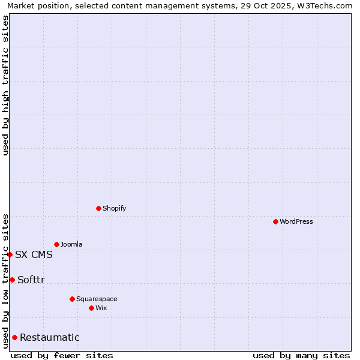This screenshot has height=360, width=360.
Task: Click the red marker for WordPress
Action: click(275, 221)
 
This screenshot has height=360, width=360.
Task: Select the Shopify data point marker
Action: click(98, 208)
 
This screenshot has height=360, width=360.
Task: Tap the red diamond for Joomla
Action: click(56, 244)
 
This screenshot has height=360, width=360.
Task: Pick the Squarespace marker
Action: click(72, 299)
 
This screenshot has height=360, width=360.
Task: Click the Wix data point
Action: click(91, 308)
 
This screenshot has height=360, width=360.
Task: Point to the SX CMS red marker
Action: click(10, 254)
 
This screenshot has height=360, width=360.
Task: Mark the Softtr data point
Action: click(12, 280)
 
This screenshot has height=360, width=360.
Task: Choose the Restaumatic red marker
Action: click(14, 337)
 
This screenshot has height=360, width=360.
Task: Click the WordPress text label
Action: click(296, 221)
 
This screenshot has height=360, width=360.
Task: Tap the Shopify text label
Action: click(114, 208)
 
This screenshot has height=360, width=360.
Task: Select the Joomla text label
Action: click(71, 244)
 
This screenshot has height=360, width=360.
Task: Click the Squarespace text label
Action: click(97, 299)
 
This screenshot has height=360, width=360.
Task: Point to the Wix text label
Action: click(101, 308)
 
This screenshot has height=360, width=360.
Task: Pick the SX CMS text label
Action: click(34, 254)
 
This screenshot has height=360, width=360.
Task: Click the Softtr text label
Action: click(31, 280)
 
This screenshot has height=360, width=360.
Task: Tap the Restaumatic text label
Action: click(49, 337)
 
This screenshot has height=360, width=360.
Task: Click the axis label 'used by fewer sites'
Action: click(62, 355)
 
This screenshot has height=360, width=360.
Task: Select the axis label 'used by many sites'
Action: click(301, 355)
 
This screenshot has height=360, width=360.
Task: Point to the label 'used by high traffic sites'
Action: click(5, 85)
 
